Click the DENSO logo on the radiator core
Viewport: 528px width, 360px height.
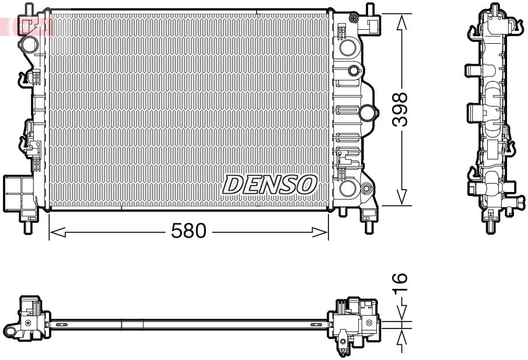tap(269, 185)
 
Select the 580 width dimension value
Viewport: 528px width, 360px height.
tap(188, 232)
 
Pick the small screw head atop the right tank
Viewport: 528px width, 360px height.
tap(353, 71)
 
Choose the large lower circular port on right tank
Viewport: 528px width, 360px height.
tap(348, 188)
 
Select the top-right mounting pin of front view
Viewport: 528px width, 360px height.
tap(369, 10)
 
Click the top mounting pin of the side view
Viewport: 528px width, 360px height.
tap(495, 9)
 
